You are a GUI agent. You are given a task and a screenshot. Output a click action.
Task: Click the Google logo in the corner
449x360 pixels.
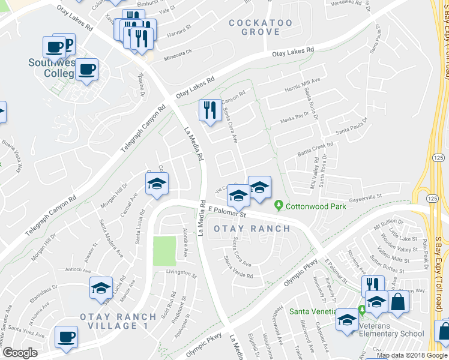[20, 353]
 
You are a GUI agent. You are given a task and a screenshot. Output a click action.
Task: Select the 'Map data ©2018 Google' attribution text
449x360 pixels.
[411, 355]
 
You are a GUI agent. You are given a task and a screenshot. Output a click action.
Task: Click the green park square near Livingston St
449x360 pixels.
[164, 251]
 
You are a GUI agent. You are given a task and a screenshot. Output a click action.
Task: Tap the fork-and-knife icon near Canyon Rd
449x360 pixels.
[209, 110]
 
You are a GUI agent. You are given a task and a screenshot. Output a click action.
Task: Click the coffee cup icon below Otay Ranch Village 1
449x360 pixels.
[66, 337]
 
